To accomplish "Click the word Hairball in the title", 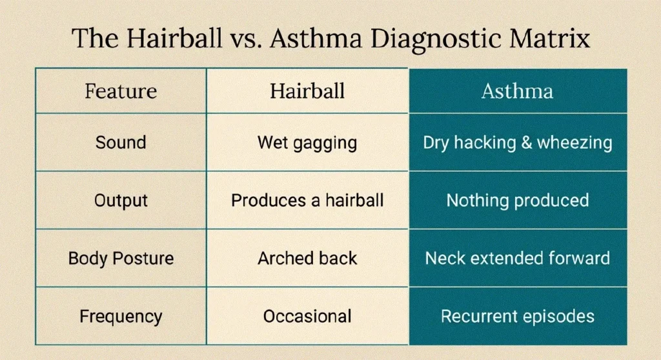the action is [x=174, y=38].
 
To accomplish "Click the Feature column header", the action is [x=121, y=91].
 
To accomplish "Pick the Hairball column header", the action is [x=307, y=91].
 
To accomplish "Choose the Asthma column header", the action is [x=518, y=91].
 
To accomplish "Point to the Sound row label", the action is [x=121, y=143].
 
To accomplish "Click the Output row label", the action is [x=121, y=201].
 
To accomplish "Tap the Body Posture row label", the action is [x=121, y=259].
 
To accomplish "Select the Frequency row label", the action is [x=121, y=317].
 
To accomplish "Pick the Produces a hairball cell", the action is [x=307, y=201].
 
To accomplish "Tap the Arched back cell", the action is [x=307, y=259].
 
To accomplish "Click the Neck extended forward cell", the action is [x=518, y=259].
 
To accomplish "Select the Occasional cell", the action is [x=307, y=317].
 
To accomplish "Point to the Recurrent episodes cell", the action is [x=518, y=317].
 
